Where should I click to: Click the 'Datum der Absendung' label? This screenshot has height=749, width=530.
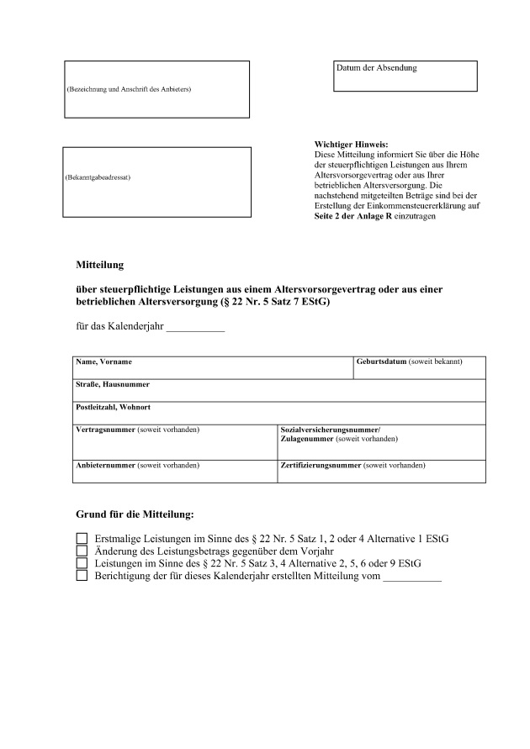tap(376, 67)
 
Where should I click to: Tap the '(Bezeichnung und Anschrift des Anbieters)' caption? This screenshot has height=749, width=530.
tap(129, 89)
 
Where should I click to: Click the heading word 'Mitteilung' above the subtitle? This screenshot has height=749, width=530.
tap(100, 265)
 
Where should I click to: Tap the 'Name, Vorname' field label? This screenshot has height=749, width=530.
tap(104, 361)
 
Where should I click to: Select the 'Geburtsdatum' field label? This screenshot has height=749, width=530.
tap(382, 361)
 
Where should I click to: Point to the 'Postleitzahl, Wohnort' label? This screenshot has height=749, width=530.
tap(114, 407)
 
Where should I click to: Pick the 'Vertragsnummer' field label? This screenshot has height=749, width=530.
tap(106, 430)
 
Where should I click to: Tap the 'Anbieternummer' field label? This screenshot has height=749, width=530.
tap(106, 465)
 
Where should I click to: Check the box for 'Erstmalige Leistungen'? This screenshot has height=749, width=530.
tap(82, 538)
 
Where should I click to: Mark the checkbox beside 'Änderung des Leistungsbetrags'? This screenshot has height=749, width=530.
tap(82, 551)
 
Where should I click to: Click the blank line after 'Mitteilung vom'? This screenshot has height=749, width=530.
tap(411, 578)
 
